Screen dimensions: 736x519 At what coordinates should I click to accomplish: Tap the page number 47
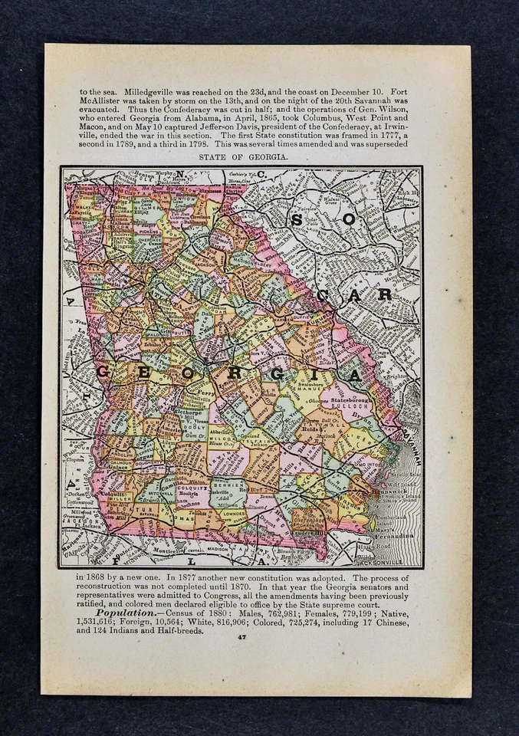click(x=242, y=636)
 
